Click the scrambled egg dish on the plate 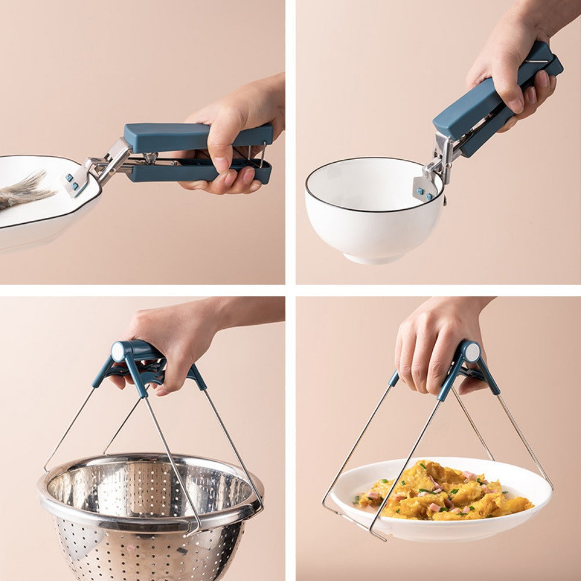[x=442, y=491]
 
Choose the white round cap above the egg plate [x=472, y=352]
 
